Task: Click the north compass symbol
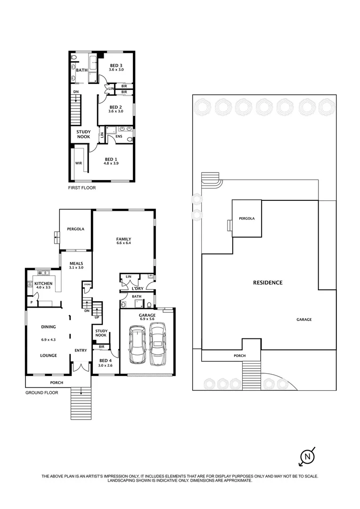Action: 308,456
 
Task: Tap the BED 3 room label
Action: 116,66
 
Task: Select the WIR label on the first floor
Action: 78,163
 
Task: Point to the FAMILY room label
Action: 123,239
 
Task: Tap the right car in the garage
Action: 157,344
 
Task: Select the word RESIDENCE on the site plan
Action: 268,283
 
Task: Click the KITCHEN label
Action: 43,283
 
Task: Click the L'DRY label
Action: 138,288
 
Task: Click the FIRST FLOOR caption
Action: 82,188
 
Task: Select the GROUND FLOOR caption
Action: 41,392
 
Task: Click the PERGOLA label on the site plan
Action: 246,219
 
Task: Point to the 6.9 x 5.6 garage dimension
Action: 147,319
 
